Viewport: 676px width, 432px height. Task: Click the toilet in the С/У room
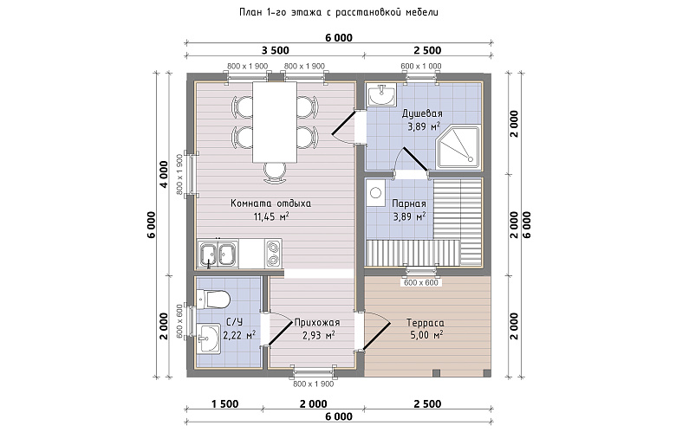click(x=212, y=299)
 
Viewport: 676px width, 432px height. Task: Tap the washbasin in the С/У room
click(x=209, y=339)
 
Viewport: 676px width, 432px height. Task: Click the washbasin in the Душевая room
click(x=380, y=94)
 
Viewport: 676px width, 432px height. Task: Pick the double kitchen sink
click(x=218, y=254)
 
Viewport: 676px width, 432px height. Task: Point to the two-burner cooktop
click(x=273, y=254)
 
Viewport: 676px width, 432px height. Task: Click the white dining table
click(x=275, y=122)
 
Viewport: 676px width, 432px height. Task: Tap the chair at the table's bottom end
click(x=275, y=172)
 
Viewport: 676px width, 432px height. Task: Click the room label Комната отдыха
click(x=270, y=203)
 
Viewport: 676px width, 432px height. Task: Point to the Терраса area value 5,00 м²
click(x=426, y=335)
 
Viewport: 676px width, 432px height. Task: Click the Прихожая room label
click(x=317, y=323)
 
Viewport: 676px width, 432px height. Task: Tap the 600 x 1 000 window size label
click(x=421, y=67)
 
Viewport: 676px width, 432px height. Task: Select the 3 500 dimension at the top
click(x=275, y=50)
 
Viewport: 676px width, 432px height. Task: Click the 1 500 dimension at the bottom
click(x=224, y=404)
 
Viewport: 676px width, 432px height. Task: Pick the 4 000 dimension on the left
click(x=164, y=174)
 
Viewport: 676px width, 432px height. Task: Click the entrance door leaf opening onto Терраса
click(x=377, y=336)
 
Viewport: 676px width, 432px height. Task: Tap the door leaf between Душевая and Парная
click(x=415, y=159)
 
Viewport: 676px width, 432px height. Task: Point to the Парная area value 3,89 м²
click(x=409, y=216)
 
